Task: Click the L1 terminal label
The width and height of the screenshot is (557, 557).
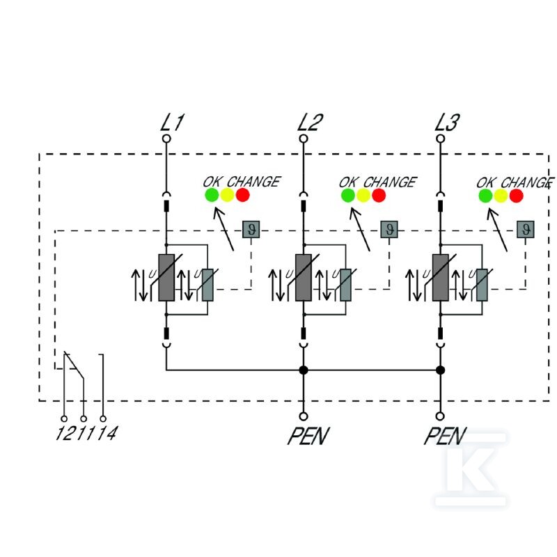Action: click(x=172, y=123)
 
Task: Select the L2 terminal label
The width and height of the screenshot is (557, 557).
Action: click(x=310, y=123)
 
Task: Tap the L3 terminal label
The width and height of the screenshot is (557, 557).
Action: click(x=447, y=123)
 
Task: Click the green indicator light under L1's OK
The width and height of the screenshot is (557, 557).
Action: click(x=212, y=195)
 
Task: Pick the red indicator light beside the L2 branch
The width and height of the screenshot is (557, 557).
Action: click(x=379, y=195)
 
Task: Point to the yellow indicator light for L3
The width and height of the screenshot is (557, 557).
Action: click(x=501, y=196)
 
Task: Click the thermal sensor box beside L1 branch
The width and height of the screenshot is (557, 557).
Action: click(x=251, y=229)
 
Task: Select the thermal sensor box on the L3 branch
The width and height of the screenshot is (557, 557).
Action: click(x=526, y=229)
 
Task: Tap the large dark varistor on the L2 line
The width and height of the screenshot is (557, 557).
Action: click(x=304, y=277)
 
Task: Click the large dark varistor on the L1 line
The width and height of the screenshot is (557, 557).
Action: click(x=166, y=277)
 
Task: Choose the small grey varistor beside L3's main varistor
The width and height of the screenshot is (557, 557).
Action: click(x=482, y=285)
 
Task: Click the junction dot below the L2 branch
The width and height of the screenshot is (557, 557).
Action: click(x=304, y=370)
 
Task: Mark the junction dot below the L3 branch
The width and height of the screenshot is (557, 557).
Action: click(x=441, y=370)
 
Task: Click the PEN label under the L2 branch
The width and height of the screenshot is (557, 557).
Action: click(x=308, y=436)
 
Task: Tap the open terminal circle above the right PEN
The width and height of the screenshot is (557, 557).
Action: click(x=441, y=416)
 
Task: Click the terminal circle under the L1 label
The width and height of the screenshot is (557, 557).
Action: click(x=166, y=139)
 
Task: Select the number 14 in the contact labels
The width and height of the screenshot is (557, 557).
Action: click(x=107, y=433)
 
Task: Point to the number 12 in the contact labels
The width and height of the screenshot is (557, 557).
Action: click(x=65, y=433)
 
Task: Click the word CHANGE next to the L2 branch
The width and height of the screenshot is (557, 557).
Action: click(x=390, y=182)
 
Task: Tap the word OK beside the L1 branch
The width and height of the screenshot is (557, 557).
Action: click(x=212, y=182)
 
